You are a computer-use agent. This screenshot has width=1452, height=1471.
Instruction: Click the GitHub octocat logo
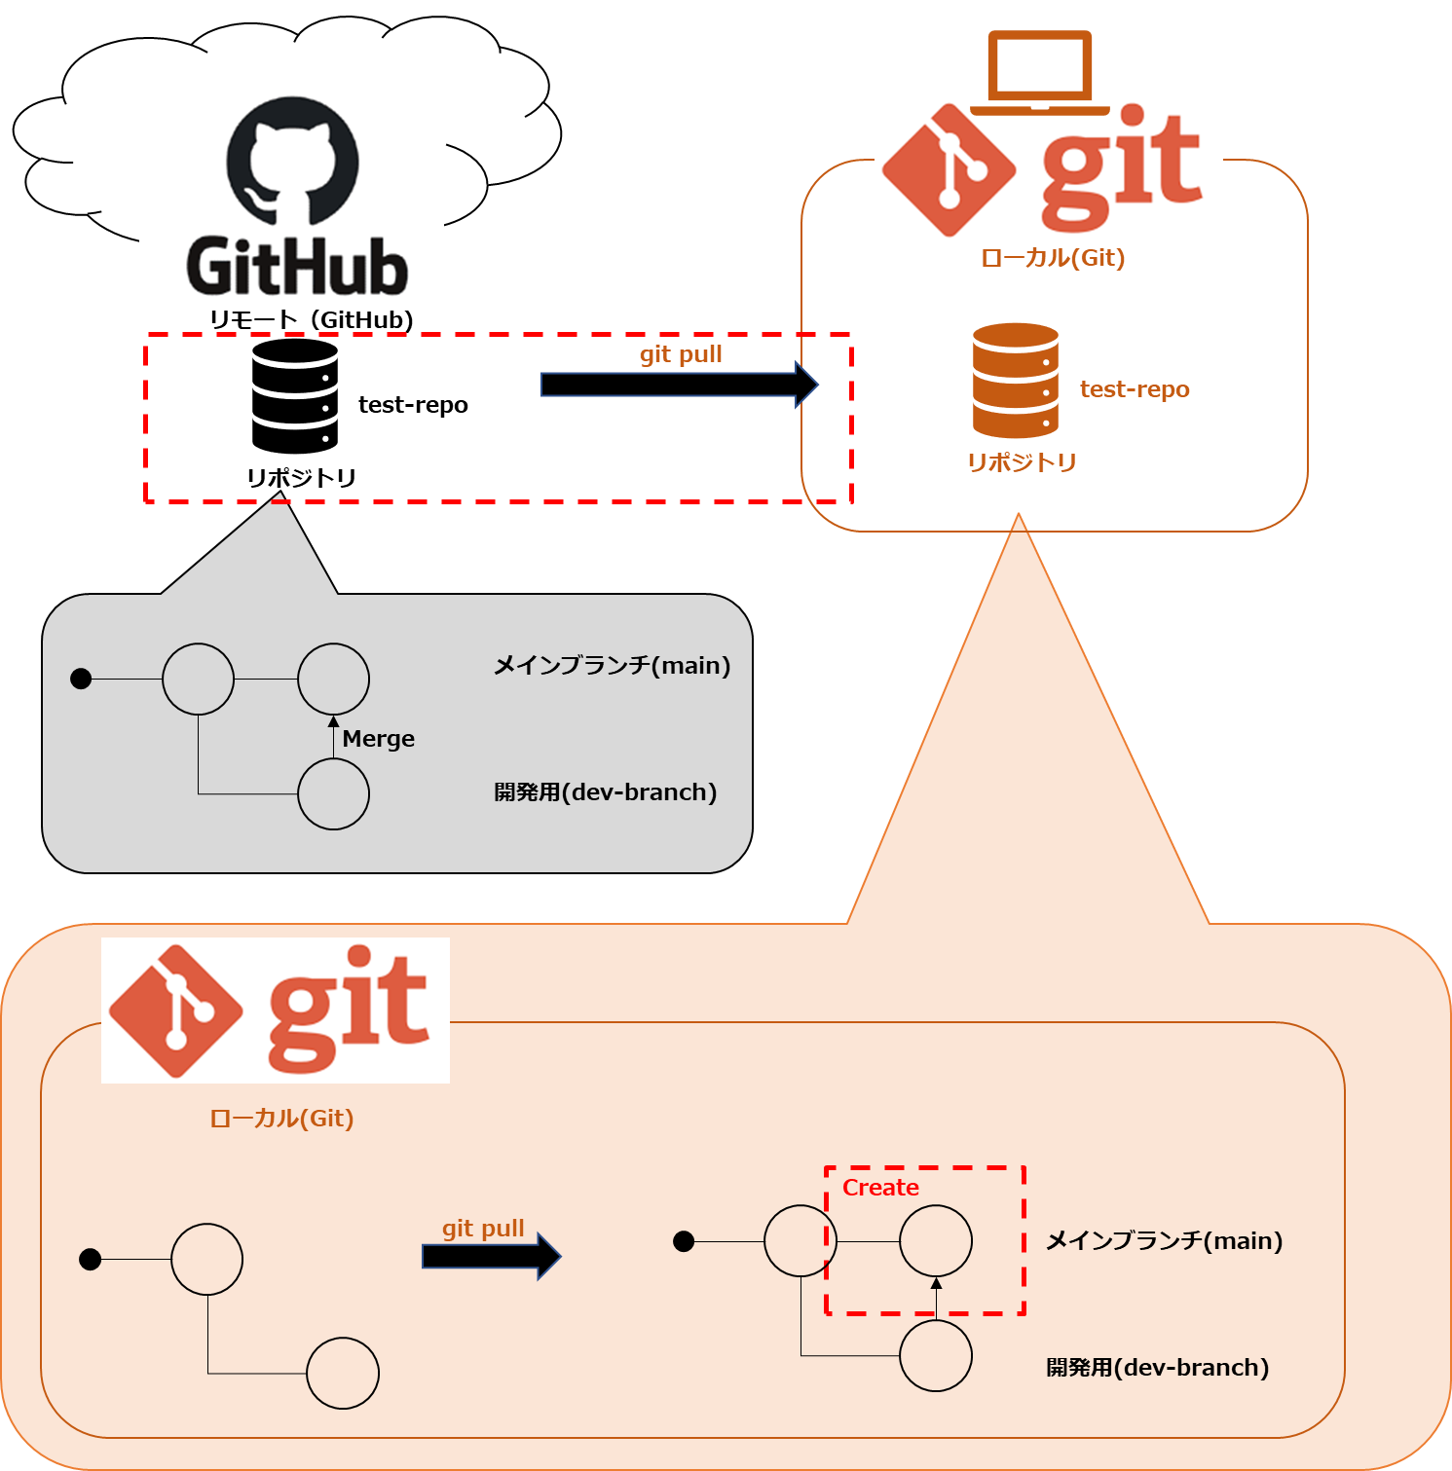coord(292,161)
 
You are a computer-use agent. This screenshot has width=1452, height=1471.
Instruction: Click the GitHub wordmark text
coord(296,266)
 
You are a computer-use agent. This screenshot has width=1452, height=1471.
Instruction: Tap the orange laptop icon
coord(1040,73)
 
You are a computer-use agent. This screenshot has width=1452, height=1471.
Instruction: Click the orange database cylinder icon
coord(1015,381)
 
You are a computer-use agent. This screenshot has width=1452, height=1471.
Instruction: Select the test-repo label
coord(1135,389)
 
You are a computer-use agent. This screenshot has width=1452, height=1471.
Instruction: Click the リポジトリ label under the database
coord(1021,461)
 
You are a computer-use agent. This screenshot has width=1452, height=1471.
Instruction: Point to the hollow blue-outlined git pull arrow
coord(679,386)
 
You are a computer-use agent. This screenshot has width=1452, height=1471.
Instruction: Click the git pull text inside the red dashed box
coord(681,354)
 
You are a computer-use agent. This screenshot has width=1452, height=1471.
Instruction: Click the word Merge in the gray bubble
coord(379,739)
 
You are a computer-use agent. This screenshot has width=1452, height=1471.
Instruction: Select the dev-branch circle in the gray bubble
coord(333,793)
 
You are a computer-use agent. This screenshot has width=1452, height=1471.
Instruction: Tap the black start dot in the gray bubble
coord(81,679)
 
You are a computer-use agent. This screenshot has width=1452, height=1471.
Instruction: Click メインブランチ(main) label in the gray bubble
coord(612,665)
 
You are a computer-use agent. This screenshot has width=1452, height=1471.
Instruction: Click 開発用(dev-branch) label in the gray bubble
coord(605,792)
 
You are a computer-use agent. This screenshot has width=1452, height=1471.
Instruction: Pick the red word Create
coord(880,1188)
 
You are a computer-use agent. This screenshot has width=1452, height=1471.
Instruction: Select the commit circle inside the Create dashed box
coord(935,1241)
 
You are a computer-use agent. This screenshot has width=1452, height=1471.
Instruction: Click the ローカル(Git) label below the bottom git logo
coord(281,1118)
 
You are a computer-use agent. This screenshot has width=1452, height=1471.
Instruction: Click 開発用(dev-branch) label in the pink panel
coord(1157,1368)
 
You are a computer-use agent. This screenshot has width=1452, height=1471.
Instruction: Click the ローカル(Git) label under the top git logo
coord(1053,258)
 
